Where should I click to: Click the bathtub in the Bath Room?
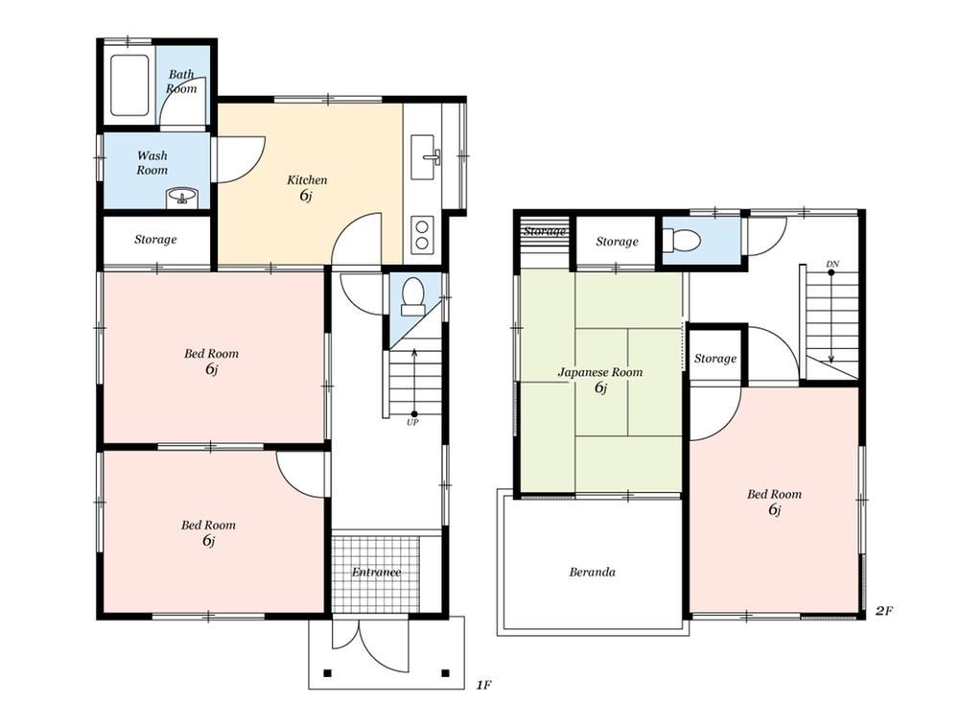click(x=129, y=85)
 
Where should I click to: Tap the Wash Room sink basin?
click(x=181, y=197)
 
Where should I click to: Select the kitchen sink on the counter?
click(x=423, y=157)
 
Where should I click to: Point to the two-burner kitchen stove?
click(x=422, y=234)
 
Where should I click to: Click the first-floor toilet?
click(x=412, y=296)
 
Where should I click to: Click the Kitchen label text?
click(x=307, y=180)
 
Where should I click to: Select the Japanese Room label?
click(x=600, y=372)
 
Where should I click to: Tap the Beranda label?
click(x=592, y=572)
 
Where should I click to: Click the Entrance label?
click(x=376, y=572)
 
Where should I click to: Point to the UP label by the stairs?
click(x=412, y=422)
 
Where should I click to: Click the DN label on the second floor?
click(x=832, y=264)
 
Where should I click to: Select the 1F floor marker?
click(x=483, y=685)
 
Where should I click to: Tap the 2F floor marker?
click(x=884, y=611)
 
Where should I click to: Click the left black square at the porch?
click(x=327, y=673)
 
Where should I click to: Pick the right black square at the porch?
click(x=446, y=673)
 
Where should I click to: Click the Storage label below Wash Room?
click(x=155, y=239)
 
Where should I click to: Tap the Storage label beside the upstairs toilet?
click(x=617, y=242)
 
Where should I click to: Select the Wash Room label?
click(x=152, y=163)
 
